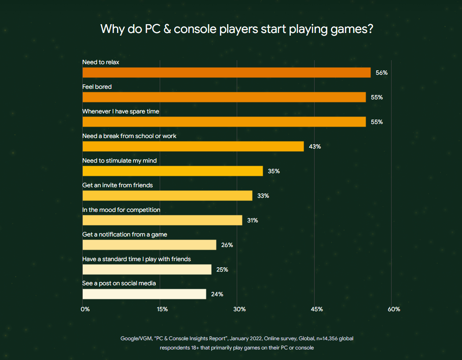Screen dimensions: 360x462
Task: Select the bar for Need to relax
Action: (x=227, y=73)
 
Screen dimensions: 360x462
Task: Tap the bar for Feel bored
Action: (x=224, y=97)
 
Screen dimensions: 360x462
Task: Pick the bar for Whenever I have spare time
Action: (x=224, y=122)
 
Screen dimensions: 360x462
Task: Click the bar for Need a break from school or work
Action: (x=193, y=146)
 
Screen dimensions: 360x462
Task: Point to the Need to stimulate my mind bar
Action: (x=172, y=171)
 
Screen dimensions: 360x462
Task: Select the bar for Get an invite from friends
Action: (x=167, y=196)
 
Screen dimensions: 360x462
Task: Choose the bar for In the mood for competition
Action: (x=162, y=220)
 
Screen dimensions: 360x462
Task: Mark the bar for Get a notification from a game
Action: (x=149, y=245)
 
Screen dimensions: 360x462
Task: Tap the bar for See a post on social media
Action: (x=144, y=294)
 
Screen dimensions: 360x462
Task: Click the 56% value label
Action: (x=381, y=73)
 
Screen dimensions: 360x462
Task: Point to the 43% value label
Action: (x=315, y=147)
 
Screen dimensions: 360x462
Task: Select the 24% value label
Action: (x=217, y=295)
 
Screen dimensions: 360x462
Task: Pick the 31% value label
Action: (x=252, y=221)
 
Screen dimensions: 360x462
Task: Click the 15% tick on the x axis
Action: (x=162, y=309)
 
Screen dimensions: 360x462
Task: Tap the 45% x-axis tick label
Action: (x=316, y=309)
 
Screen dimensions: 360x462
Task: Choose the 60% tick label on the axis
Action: (x=394, y=309)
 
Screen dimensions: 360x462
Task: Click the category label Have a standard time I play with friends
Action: (x=136, y=259)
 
